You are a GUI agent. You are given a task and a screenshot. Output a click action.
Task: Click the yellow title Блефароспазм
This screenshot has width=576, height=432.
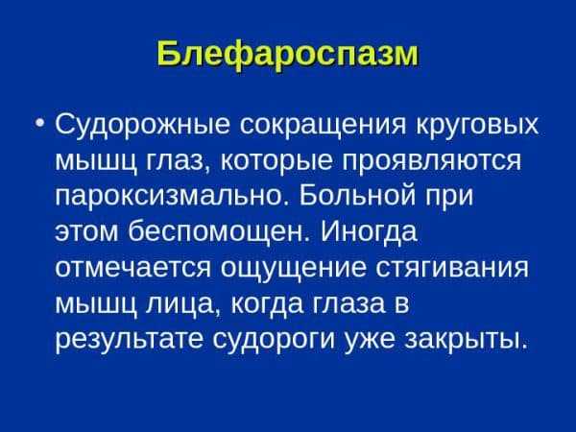point(288,55)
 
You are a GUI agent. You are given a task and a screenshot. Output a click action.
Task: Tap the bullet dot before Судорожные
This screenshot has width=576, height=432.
point(39,123)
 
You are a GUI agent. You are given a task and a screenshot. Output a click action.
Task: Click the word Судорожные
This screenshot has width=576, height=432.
point(142,126)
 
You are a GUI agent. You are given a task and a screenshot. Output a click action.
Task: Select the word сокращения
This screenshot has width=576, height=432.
point(323,126)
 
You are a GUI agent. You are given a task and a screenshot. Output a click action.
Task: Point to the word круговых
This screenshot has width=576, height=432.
point(477,126)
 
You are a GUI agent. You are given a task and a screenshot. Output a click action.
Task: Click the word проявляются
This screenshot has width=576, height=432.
point(432,161)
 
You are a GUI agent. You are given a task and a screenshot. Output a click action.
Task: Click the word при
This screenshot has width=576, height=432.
point(449,197)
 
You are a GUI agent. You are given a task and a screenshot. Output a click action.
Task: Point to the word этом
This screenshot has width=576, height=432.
point(86,232)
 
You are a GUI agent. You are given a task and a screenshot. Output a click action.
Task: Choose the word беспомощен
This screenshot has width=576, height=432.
point(217,233)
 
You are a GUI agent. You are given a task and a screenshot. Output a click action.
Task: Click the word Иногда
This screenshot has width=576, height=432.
point(369,233)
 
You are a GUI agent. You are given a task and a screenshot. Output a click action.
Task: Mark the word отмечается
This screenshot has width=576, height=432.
point(133,268)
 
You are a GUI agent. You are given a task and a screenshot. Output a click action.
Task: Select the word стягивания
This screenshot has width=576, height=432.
point(452,268)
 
